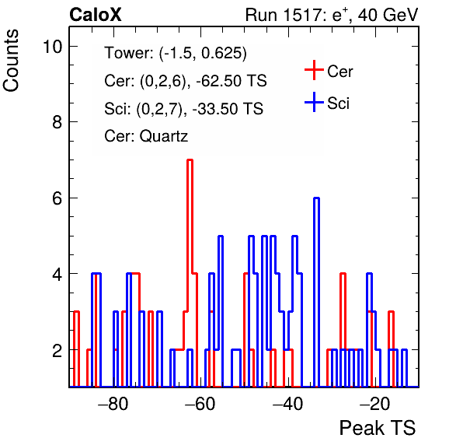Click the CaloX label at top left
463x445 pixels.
96,15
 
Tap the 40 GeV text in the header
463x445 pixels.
388,15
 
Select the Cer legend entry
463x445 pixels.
329,71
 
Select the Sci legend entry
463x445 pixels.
327,103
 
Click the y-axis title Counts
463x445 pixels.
11,61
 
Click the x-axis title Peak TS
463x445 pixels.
378,428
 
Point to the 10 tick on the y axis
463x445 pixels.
53,47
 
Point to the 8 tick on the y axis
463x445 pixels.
57,122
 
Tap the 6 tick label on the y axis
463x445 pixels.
57,198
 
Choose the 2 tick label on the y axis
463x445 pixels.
57,350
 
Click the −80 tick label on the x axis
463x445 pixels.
113,404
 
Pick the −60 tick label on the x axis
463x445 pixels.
200,404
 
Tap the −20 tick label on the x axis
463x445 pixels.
375,404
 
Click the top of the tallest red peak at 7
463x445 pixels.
190,160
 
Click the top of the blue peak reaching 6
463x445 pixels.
316,198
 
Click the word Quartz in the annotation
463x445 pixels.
164,136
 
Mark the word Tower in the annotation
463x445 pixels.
127,53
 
